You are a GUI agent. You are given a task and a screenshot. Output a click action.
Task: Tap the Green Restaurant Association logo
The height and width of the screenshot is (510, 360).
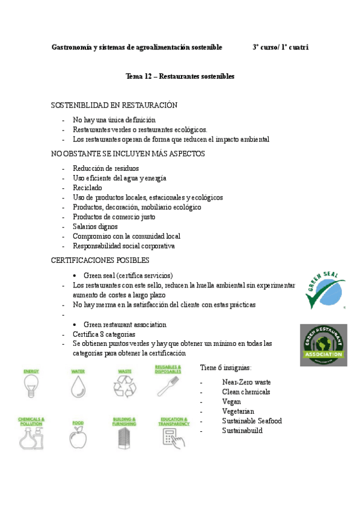[x=323, y=345]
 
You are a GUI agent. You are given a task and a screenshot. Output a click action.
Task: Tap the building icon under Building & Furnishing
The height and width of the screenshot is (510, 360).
[x=124, y=438]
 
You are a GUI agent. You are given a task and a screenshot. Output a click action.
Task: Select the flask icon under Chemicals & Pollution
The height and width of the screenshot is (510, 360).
[x=31, y=438]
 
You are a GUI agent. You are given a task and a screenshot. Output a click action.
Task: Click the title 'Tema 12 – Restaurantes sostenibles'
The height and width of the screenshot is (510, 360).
[x=180, y=76]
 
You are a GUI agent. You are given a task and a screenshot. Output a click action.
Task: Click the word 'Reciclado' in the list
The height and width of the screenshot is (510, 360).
[x=88, y=188]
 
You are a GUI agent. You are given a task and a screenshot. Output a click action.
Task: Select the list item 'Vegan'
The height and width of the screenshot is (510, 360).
[x=231, y=402]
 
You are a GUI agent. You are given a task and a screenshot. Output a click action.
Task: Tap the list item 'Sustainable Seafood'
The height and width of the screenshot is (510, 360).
[x=252, y=421]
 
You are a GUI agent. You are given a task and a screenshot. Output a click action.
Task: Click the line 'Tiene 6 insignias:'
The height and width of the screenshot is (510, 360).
[x=225, y=367]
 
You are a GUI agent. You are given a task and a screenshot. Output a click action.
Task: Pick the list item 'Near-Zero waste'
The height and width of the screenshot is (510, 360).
[x=246, y=382]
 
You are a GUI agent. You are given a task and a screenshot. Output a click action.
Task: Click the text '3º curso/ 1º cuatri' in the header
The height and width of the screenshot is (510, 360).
[x=281, y=47]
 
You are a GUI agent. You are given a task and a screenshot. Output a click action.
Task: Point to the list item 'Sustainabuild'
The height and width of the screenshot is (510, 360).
[x=242, y=431]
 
